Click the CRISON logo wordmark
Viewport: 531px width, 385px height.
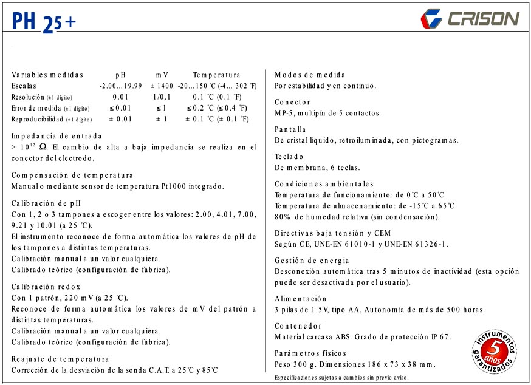pos(483,18)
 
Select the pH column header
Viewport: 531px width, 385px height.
pos(120,75)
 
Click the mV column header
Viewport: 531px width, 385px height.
pos(162,75)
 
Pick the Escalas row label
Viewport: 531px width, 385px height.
pos(24,86)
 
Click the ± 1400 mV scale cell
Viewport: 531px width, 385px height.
pos(162,86)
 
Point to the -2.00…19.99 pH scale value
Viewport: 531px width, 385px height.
pos(120,86)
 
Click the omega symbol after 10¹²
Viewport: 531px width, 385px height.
pos(43,147)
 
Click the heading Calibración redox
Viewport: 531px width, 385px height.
pos(46,286)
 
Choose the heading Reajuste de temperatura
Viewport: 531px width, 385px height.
pos(60,359)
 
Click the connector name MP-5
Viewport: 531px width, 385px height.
pos(285,113)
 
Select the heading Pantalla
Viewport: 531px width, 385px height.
pos(290,129)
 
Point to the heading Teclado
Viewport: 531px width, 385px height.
pos(289,157)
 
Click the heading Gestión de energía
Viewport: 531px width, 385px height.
pos(313,261)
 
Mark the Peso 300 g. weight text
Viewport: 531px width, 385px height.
pos(295,364)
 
